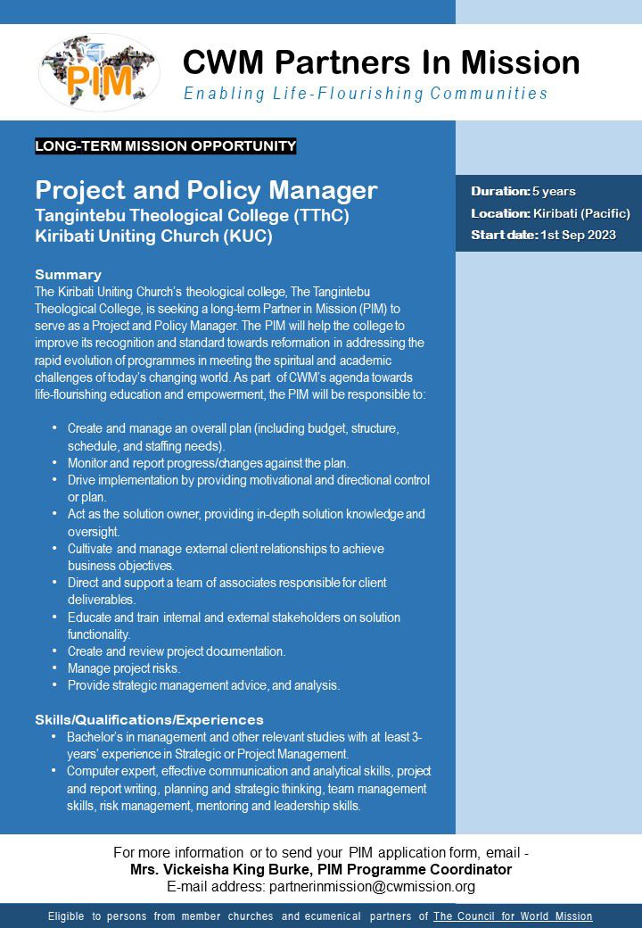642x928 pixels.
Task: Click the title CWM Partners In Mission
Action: (381, 62)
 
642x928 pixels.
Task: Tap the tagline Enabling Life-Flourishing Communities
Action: (366, 94)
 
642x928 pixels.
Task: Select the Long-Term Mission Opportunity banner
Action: (165, 145)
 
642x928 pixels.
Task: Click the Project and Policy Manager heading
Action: (206, 190)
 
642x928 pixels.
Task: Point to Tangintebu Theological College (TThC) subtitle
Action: (192, 216)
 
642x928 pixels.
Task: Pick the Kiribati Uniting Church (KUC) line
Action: (153, 236)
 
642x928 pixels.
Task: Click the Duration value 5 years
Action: (554, 191)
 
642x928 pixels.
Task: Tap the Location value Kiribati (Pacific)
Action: (581, 213)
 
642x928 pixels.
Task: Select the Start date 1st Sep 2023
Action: (578, 235)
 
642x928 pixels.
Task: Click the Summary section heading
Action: (68, 274)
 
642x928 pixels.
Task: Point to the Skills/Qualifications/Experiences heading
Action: (149, 719)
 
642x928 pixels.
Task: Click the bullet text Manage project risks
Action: (124, 668)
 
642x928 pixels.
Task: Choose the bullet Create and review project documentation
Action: (177, 651)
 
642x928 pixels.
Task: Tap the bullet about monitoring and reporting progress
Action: (208, 463)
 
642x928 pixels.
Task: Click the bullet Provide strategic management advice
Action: (203, 685)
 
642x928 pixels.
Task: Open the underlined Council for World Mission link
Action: (513, 916)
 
